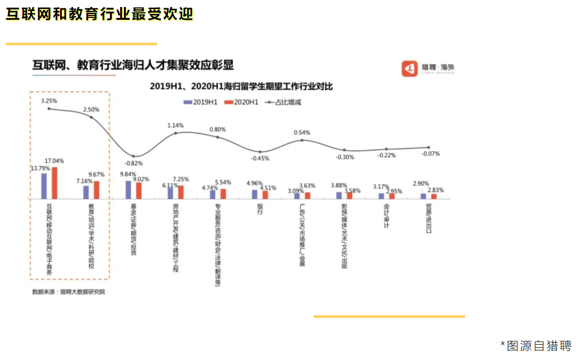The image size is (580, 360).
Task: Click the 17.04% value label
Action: (x=54, y=161)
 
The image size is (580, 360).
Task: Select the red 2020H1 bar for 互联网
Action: (x=54, y=183)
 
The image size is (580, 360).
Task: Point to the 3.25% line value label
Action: (x=49, y=101)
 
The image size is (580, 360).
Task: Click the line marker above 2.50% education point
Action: (x=91, y=117)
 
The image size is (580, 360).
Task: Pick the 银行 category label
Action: (x=260, y=210)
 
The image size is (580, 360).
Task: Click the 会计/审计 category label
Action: (x=386, y=217)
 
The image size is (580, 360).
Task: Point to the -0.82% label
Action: (x=132, y=164)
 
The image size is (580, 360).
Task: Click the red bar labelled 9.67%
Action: (x=96, y=190)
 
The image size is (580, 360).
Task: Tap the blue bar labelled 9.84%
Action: (x=128, y=190)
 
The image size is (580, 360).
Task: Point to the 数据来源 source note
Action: (x=68, y=291)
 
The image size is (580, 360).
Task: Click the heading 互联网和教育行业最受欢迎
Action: (x=100, y=15)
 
